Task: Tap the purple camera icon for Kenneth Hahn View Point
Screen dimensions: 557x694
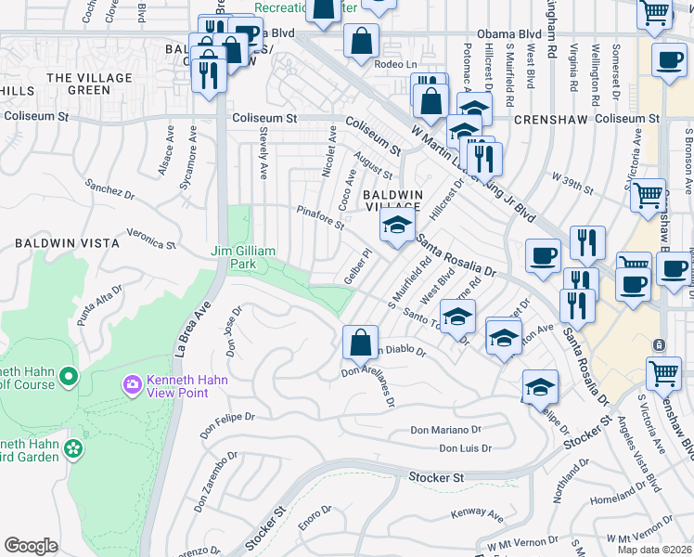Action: tap(132, 384)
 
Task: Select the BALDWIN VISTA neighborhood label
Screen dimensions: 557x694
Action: tap(66, 243)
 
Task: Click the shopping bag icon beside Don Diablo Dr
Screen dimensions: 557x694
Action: tap(360, 343)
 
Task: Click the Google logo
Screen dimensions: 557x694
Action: tap(31, 546)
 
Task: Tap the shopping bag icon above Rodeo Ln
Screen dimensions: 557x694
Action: tap(361, 42)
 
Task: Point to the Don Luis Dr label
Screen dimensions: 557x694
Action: tap(464, 447)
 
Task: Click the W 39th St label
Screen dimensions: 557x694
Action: tap(572, 182)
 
